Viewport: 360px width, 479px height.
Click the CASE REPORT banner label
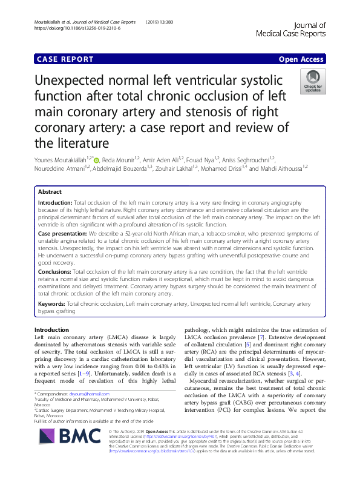pos(65,59)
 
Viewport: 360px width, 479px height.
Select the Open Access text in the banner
pos(302,59)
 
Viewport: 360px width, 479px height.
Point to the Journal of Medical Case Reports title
pos(299,29)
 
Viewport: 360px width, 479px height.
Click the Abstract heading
pos(50,192)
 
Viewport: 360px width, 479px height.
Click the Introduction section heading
pos(52,330)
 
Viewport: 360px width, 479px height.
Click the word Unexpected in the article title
pos(82,81)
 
